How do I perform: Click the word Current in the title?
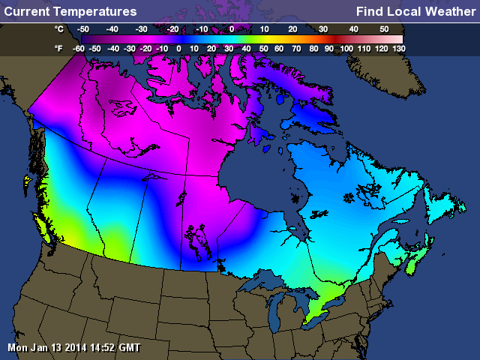[26, 11]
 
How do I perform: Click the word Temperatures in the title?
[94, 11]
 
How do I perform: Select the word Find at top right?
[370, 11]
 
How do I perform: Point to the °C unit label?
[59, 28]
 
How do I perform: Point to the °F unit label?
[59, 47]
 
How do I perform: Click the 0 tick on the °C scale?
[231, 28]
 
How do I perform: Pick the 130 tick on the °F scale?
[398, 47]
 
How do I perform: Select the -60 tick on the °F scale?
[77, 47]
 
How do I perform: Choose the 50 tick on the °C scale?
[384, 28]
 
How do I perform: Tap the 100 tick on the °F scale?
[346, 47]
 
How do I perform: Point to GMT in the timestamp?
[128, 348]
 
